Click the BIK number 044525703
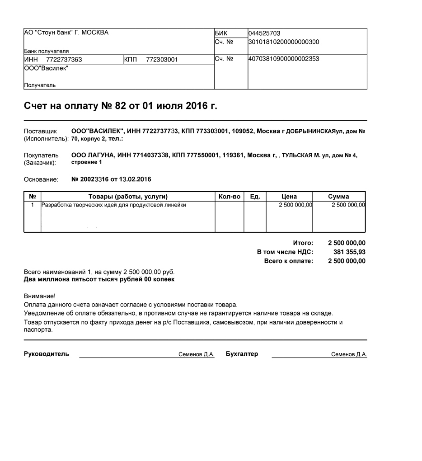(x=264, y=33)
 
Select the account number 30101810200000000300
(x=284, y=42)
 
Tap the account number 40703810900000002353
(x=284, y=59)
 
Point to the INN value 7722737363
(x=64, y=60)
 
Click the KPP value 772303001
(x=162, y=60)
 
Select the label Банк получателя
(x=46, y=52)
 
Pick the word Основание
(x=41, y=179)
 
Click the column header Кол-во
(x=229, y=197)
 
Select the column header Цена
(x=289, y=197)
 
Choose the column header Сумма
(x=338, y=197)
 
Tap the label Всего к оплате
(x=288, y=261)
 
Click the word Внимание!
(x=39, y=296)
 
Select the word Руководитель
(x=46, y=354)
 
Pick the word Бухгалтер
(x=242, y=354)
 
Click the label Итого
(x=303, y=243)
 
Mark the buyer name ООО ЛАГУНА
(x=92, y=155)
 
